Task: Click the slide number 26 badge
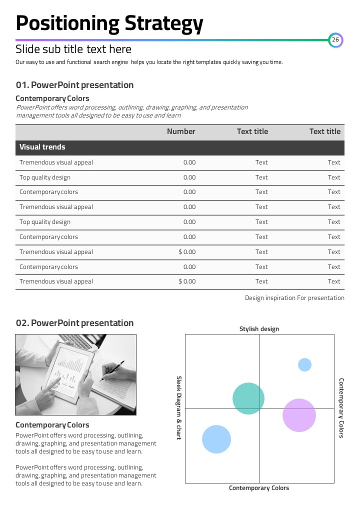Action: pos(335,40)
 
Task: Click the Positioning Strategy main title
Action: pos(109,23)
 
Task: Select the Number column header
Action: pos(181,131)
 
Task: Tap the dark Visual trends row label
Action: pos(42,147)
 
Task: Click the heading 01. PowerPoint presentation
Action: pos(74,85)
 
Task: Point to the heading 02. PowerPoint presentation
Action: pos(74,323)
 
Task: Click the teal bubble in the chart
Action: pos(248,398)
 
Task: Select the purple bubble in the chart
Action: pos(299,415)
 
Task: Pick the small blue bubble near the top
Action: pos(304,365)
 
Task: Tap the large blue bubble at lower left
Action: pos(216,439)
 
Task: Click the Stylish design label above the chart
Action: pos(259,329)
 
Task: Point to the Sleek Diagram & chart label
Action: pos(179,408)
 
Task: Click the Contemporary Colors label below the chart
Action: pos(259,488)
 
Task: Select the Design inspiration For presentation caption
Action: pos(294,298)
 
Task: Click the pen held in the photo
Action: pos(113,370)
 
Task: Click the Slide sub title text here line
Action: pos(73,49)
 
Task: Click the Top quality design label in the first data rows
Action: pos(45,177)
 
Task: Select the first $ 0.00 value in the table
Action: pos(187,252)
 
